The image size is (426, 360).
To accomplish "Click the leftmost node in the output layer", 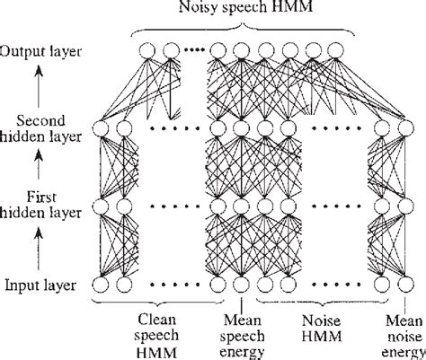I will click(x=147, y=51).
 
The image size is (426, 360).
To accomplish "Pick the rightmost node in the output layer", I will click(x=336, y=51).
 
